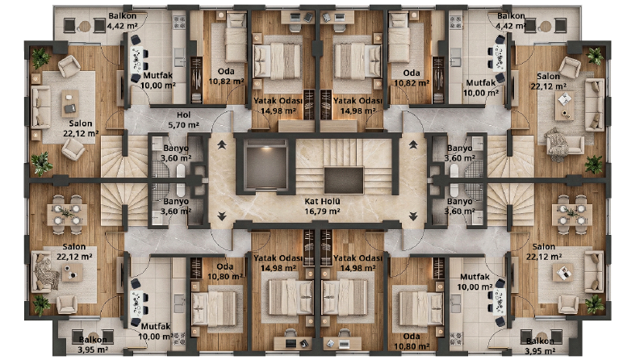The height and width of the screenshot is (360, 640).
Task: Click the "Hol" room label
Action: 183,115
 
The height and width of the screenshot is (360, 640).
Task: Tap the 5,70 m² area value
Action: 183,125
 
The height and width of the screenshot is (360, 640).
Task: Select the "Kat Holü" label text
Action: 322,201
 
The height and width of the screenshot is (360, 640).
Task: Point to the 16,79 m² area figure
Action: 322,211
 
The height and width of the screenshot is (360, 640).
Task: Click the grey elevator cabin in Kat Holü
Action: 266,165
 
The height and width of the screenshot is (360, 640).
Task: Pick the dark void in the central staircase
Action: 343,180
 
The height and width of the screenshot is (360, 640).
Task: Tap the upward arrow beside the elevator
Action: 222,144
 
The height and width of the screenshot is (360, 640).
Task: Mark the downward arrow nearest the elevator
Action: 222,216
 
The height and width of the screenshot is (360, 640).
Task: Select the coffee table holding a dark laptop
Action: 70,103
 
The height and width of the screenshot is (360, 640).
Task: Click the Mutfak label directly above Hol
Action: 158,76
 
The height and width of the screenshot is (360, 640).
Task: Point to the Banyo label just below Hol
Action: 176,149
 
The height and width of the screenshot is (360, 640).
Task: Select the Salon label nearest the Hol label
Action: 81,123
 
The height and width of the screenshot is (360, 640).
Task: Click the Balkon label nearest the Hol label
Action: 123,16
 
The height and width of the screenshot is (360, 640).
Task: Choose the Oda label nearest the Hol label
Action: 226,71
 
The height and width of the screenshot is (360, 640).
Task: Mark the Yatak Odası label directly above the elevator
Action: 278,101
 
